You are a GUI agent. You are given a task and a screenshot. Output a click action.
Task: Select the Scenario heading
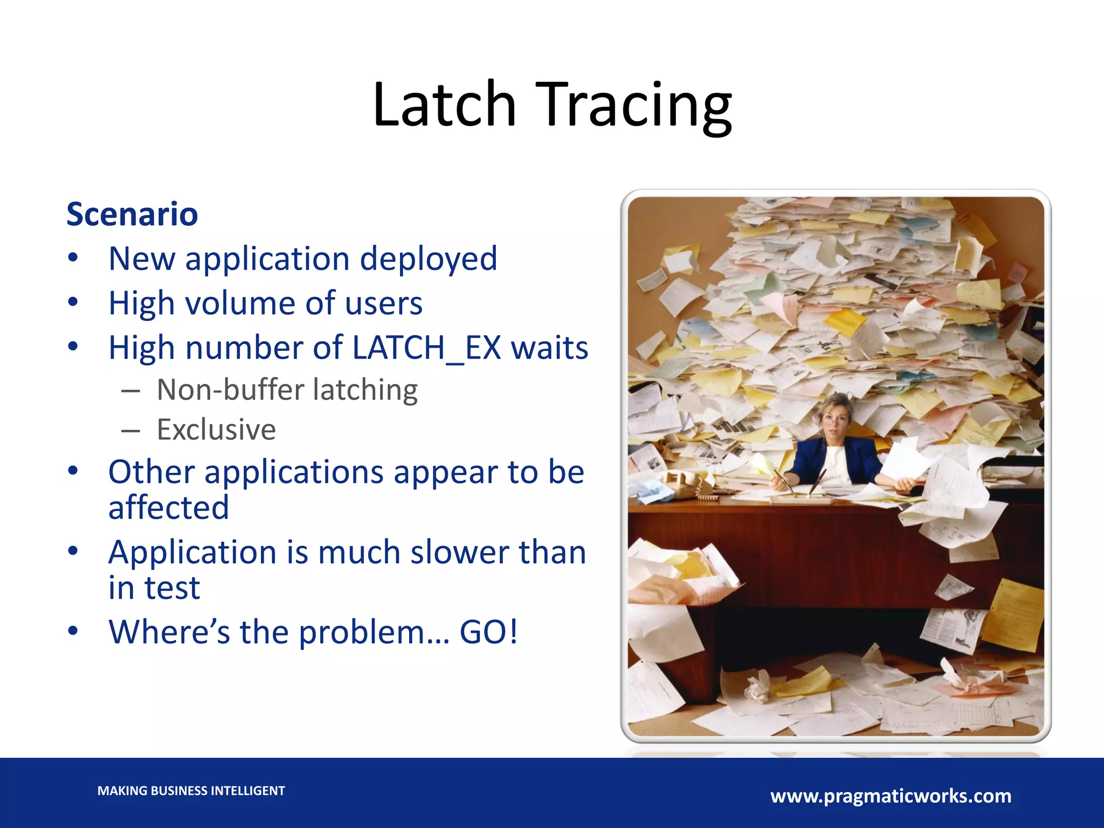point(132,214)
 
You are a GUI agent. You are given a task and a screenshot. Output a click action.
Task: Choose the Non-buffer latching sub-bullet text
point(287,390)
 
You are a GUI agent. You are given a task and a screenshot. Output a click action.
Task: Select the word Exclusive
point(216,430)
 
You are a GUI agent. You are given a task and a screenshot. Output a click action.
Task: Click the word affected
point(169,507)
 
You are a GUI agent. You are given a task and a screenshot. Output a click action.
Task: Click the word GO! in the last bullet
point(488,632)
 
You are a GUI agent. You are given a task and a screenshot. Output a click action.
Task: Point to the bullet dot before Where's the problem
point(73,631)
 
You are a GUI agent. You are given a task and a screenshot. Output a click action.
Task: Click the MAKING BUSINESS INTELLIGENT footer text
point(191,791)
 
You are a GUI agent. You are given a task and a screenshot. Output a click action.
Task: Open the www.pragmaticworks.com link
point(891,796)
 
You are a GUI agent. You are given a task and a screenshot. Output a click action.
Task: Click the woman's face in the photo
point(834,420)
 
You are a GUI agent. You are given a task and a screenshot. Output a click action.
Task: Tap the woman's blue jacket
point(809,461)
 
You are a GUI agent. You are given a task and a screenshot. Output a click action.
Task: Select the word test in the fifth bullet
point(172,588)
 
